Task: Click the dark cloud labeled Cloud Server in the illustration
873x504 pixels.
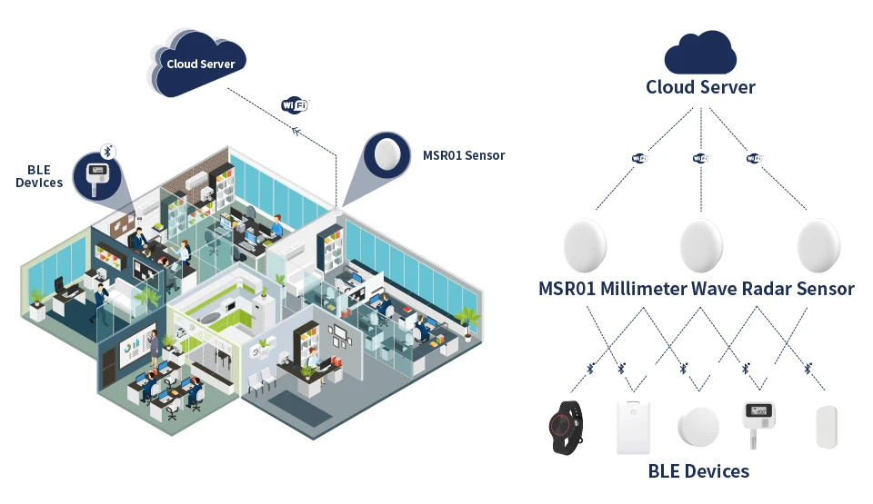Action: click(x=200, y=64)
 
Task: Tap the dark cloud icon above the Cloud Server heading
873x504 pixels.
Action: click(x=700, y=54)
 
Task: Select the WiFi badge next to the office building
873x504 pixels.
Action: click(x=295, y=105)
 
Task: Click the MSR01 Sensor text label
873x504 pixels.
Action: click(x=464, y=155)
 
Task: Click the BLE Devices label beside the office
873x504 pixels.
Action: click(x=39, y=176)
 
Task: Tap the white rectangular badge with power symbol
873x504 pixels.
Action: click(x=634, y=427)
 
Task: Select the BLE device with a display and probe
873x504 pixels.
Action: click(x=762, y=420)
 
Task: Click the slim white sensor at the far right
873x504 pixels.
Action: click(x=826, y=427)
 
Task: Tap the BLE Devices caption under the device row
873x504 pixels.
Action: click(x=698, y=471)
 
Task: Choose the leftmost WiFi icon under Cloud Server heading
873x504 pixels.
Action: click(x=639, y=158)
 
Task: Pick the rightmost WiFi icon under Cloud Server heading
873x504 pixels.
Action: click(x=753, y=158)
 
